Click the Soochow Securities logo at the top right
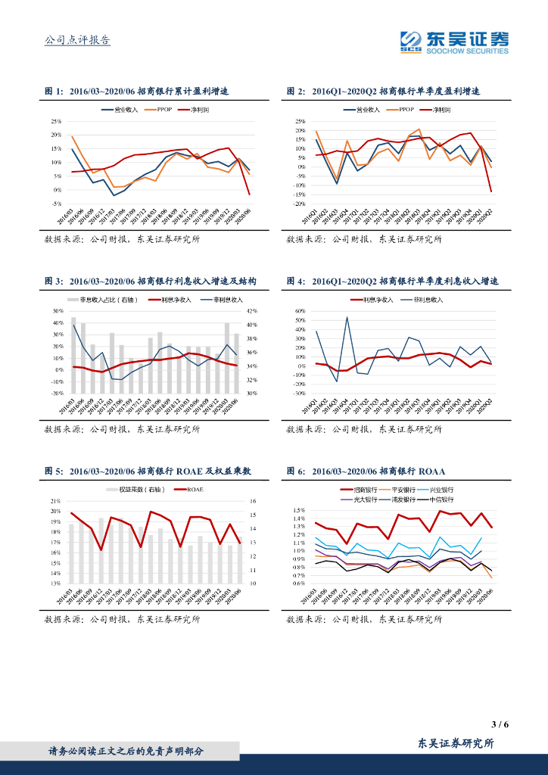[455, 42]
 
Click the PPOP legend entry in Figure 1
[164, 110]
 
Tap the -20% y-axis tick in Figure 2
[299, 204]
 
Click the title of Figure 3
[151, 281]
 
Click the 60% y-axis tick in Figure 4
[299, 311]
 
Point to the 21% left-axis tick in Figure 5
[56, 501]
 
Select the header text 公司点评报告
[78, 41]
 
